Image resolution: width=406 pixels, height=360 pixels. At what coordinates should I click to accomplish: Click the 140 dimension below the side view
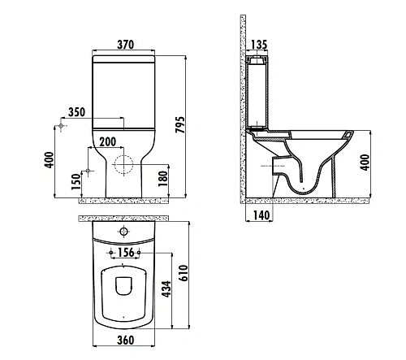coord(261,215)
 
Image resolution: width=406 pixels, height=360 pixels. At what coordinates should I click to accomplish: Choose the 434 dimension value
coord(166,289)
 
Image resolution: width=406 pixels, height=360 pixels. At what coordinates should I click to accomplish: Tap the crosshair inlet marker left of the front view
coord(61,127)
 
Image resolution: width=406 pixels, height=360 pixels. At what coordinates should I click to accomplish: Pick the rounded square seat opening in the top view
coord(123,288)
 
